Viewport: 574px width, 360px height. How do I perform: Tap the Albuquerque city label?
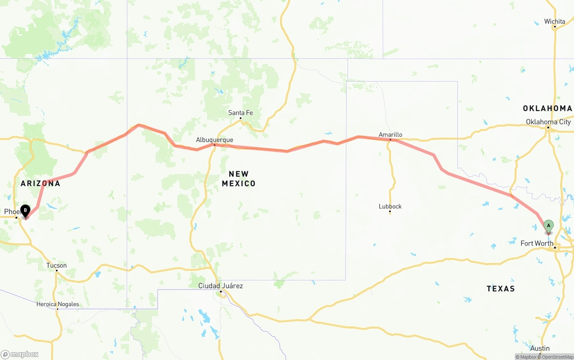pyautogui.click(x=214, y=140)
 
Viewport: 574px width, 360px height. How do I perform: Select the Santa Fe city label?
pyautogui.click(x=240, y=113)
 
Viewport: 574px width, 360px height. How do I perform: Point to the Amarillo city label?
pyautogui.click(x=390, y=134)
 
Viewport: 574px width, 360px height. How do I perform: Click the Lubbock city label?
pyautogui.click(x=390, y=206)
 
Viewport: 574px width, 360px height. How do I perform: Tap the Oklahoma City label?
pyautogui.click(x=548, y=122)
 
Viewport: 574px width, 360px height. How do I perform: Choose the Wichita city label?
pyautogui.click(x=555, y=22)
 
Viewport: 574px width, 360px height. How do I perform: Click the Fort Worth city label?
pyautogui.click(x=537, y=243)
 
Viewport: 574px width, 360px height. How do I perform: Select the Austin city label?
pyautogui.click(x=540, y=348)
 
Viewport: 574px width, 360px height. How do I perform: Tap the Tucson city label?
pyautogui.click(x=57, y=265)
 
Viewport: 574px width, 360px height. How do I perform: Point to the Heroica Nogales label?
pyautogui.click(x=58, y=304)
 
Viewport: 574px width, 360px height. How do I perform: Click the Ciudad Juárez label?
pyautogui.click(x=221, y=286)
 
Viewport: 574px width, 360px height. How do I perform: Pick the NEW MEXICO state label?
pyautogui.click(x=239, y=178)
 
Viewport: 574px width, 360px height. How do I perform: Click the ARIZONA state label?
pyautogui.click(x=40, y=183)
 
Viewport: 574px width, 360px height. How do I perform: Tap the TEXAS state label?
pyautogui.click(x=500, y=289)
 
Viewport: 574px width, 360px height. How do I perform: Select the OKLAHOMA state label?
pyautogui.click(x=547, y=108)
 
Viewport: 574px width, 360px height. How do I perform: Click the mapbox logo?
pyautogui.click(x=20, y=354)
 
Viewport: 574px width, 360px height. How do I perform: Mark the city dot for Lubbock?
pyautogui.click(x=390, y=213)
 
